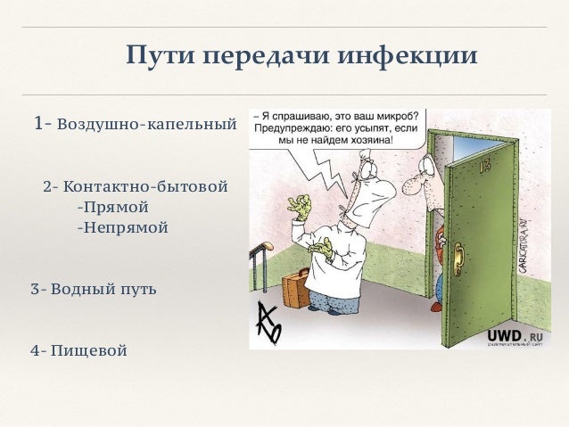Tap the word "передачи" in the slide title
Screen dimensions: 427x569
[267, 58]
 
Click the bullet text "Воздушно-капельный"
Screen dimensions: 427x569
[146, 124]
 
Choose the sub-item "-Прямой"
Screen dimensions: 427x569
[112, 208]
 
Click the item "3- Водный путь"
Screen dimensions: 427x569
[93, 290]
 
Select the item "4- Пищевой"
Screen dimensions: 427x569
[78, 349]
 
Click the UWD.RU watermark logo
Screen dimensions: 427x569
[514, 336]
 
